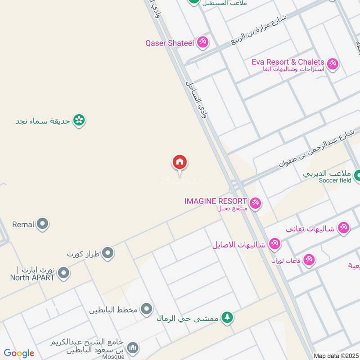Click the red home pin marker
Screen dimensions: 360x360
click(180, 162)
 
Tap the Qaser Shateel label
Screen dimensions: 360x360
click(169, 43)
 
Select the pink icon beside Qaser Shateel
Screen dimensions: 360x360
click(202, 43)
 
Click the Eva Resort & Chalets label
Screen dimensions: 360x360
click(288, 62)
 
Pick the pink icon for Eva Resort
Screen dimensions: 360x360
click(333, 64)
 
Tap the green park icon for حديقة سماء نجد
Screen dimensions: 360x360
click(79, 120)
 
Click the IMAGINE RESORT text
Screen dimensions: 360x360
click(216, 201)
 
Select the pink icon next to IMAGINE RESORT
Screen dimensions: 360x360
click(256, 203)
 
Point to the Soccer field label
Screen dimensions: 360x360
click(335, 180)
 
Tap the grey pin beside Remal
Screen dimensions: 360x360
click(43, 224)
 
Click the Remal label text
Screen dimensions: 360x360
click(23, 224)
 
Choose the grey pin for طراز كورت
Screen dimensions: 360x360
click(108, 253)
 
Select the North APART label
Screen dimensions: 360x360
click(32, 277)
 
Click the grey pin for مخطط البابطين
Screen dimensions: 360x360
click(146, 309)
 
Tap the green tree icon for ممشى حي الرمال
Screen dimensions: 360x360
click(228, 318)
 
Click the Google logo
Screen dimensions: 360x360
click(19, 353)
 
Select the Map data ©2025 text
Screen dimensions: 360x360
click(335, 355)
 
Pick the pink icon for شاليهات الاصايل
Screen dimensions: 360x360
click(274, 244)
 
